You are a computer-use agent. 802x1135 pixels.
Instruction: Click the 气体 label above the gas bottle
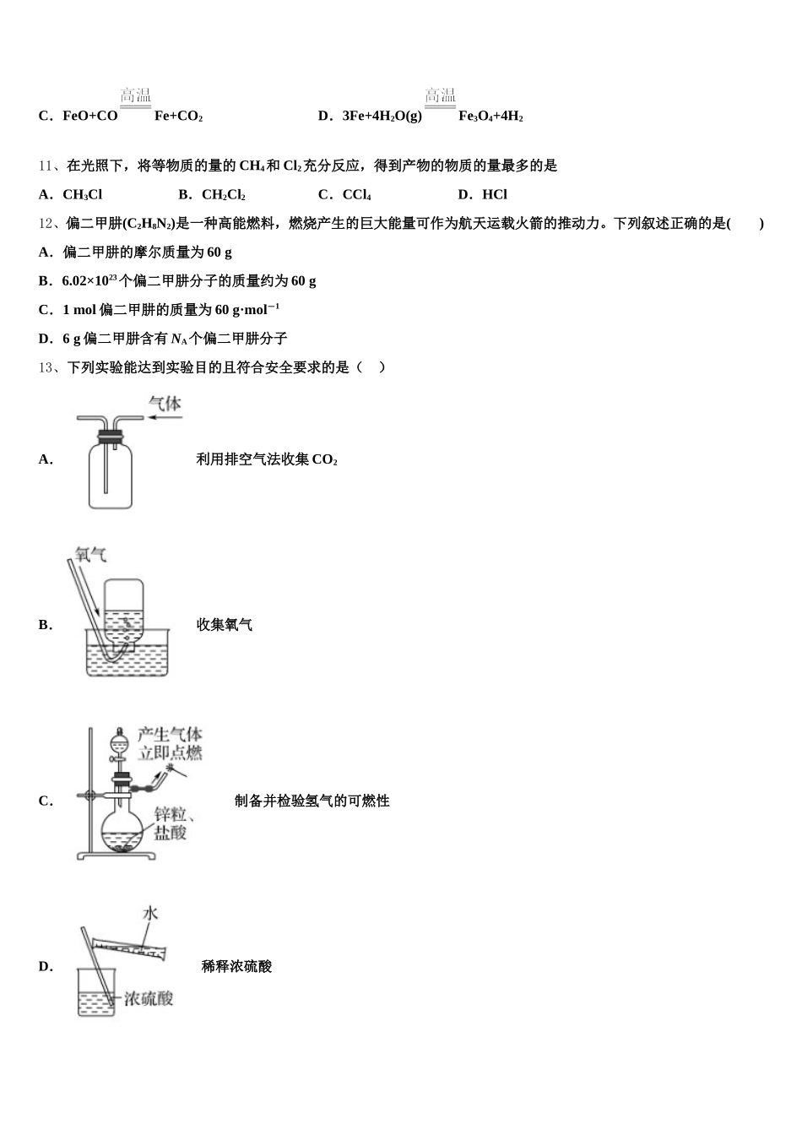pyautogui.click(x=165, y=403)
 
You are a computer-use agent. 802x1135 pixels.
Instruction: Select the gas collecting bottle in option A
pyautogui.click(x=110, y=473)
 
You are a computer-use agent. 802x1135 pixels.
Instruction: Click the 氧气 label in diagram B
pyautogui.click(x=90, y=555)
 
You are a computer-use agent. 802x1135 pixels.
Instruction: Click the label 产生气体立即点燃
pyautogui.click(x=170, y=743)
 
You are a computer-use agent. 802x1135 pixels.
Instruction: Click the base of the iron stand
pyautogui.click(x=117, y=855)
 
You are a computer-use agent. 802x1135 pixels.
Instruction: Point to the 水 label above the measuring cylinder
pyautogui.click(x=150, y=913)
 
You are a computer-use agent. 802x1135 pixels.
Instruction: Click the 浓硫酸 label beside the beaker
pyautogui.click(x=149, y=999)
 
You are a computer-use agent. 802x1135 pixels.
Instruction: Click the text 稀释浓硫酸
pyautogui.click(x=236, y=966)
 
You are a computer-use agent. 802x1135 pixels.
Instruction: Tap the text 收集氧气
pyautogui.click(x=224, y=625)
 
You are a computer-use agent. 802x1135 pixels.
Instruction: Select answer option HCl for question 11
pyautogui.click(x=494, y=195)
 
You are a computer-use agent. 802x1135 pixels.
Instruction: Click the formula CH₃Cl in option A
pyautogui.click(x=82, y=195)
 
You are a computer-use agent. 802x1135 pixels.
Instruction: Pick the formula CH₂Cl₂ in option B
pyautogui.click(x=224, y=195)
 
